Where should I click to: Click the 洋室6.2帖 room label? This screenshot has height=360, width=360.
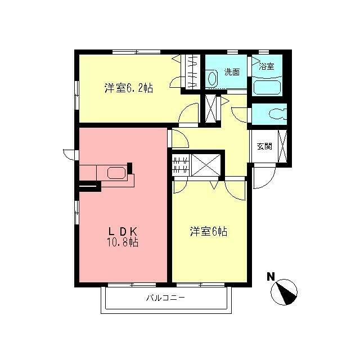pyautogui.click(x=129, y=88)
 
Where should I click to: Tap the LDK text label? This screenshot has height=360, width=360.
pyautogui.click(x=123, y=232)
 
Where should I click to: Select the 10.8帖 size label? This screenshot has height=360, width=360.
pyautogui.click(x=123, y=242)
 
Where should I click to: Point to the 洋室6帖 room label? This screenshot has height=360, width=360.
pyautogui.click(x=209, y=232)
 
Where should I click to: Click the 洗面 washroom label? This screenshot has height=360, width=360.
pyautogui.click(x=232, y=72)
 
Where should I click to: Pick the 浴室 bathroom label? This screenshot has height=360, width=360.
pyautogui.click(x=266, y=66)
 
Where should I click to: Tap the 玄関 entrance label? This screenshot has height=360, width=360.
pyautogui.click(x=264, y=146)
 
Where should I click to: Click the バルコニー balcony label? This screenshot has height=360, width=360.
pyautogui.click(x=165, y=298)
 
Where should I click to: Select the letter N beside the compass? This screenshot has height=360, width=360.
pyautogui.click(x=271, y=277)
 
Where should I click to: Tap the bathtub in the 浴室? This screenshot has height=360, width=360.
pyautogui.click(x=268, y=87)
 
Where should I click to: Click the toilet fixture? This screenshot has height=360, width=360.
pyautogui.click(x=278, y=114)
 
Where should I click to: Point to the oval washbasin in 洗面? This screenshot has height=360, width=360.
pyautogui.click(x=213, y=78)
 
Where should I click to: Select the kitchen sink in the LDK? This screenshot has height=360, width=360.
pyautogui.click(x=116, y=173)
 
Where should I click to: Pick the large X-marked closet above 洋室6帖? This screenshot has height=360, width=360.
pyautogui.click(x=206, y=165)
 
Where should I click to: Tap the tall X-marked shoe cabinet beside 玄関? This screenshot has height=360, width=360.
pyautogui.click(x=282, y=146)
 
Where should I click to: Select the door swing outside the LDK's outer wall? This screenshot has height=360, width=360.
pyautogui.click(x=69, y=155)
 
